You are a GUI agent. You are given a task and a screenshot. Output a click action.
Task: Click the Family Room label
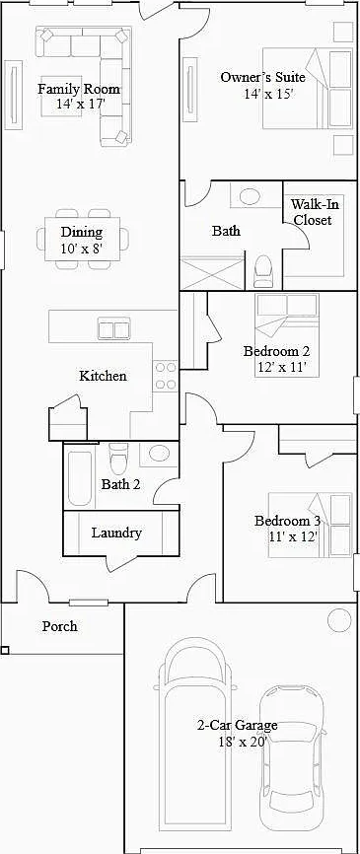(x=79, y=89)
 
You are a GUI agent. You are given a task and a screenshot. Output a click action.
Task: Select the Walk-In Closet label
(x=312, y=212)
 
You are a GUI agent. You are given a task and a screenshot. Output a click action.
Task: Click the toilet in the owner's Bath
(x=263, y=270)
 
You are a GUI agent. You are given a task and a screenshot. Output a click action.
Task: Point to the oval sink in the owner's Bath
(x=250, y=196)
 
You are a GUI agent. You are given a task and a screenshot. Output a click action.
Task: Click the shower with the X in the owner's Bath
(x=212, y=273)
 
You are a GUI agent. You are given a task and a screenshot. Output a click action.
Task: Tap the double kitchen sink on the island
(x=113, y=329)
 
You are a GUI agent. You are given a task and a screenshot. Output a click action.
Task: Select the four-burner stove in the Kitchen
(x=165, y=376)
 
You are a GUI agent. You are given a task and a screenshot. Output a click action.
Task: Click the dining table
(x=82, y=239)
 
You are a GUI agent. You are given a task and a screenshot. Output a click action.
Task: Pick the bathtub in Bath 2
(x=79, y=476)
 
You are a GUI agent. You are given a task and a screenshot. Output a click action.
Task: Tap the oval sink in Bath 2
(x=159, y=454)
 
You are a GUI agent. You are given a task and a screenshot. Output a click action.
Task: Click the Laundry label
(x=116, y=533)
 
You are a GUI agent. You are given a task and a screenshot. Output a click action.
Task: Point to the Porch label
(x=60, y=626)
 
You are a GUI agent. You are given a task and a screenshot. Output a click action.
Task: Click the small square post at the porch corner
(x=4, y=649)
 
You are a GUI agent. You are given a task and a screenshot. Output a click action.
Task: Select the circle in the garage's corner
(x=339, y=620)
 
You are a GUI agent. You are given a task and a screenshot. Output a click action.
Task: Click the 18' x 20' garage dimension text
(x=238, y=741)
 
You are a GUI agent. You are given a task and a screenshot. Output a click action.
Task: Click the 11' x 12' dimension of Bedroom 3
(x=293, y=535)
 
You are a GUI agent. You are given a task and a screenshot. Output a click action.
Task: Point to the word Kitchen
(x=103, y=376)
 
